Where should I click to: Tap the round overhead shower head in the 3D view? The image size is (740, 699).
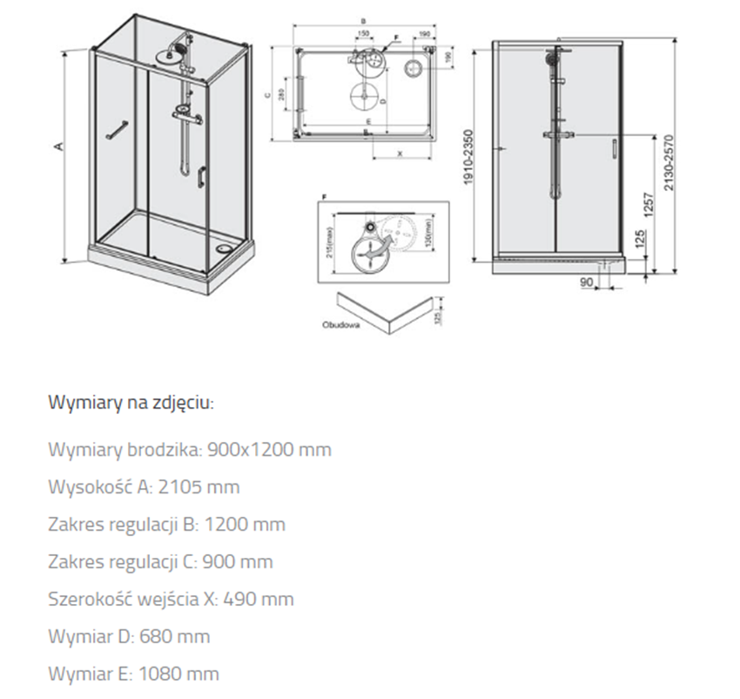(x=168, y=54)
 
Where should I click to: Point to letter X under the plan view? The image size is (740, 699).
(x=400, y=153)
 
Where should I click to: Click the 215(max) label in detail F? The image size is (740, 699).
(x=330, y=236)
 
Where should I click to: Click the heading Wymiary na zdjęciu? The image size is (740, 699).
(x=131, y=403)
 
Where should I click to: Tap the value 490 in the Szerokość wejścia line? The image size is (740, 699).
(x=239, y=599)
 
